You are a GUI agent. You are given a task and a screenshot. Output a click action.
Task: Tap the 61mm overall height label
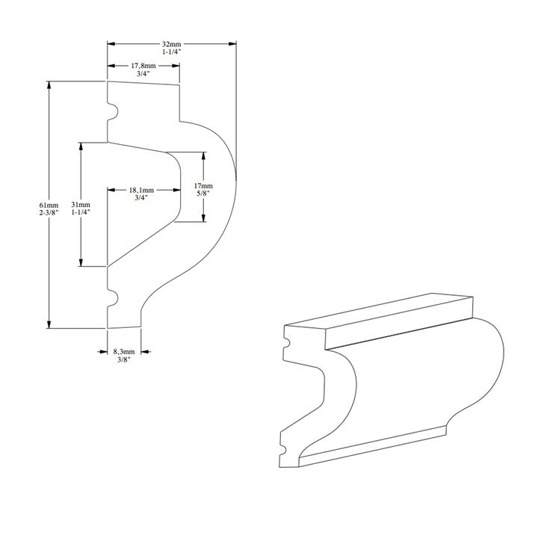pos(49,205)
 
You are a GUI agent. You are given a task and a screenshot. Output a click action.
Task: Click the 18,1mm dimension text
pos(143,191)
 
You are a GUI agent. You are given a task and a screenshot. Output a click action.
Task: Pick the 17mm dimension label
pos(203,185)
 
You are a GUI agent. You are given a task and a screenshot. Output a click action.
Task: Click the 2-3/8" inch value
pos(49,213)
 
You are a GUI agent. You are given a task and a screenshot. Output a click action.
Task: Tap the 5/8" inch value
pos(203,194)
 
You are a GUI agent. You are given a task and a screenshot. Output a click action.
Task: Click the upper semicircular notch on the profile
pos(113,113)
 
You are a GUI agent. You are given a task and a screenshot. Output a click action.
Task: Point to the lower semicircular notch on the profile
pos(113,298)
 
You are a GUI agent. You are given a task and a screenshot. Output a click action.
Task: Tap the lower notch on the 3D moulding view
pos(284,451)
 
